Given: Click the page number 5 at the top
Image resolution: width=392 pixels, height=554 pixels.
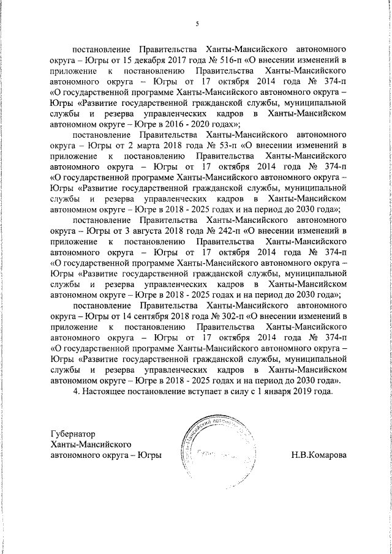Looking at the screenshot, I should [x=197, y=24].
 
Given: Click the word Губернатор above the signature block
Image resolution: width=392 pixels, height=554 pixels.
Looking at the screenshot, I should [x=75, y=433].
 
